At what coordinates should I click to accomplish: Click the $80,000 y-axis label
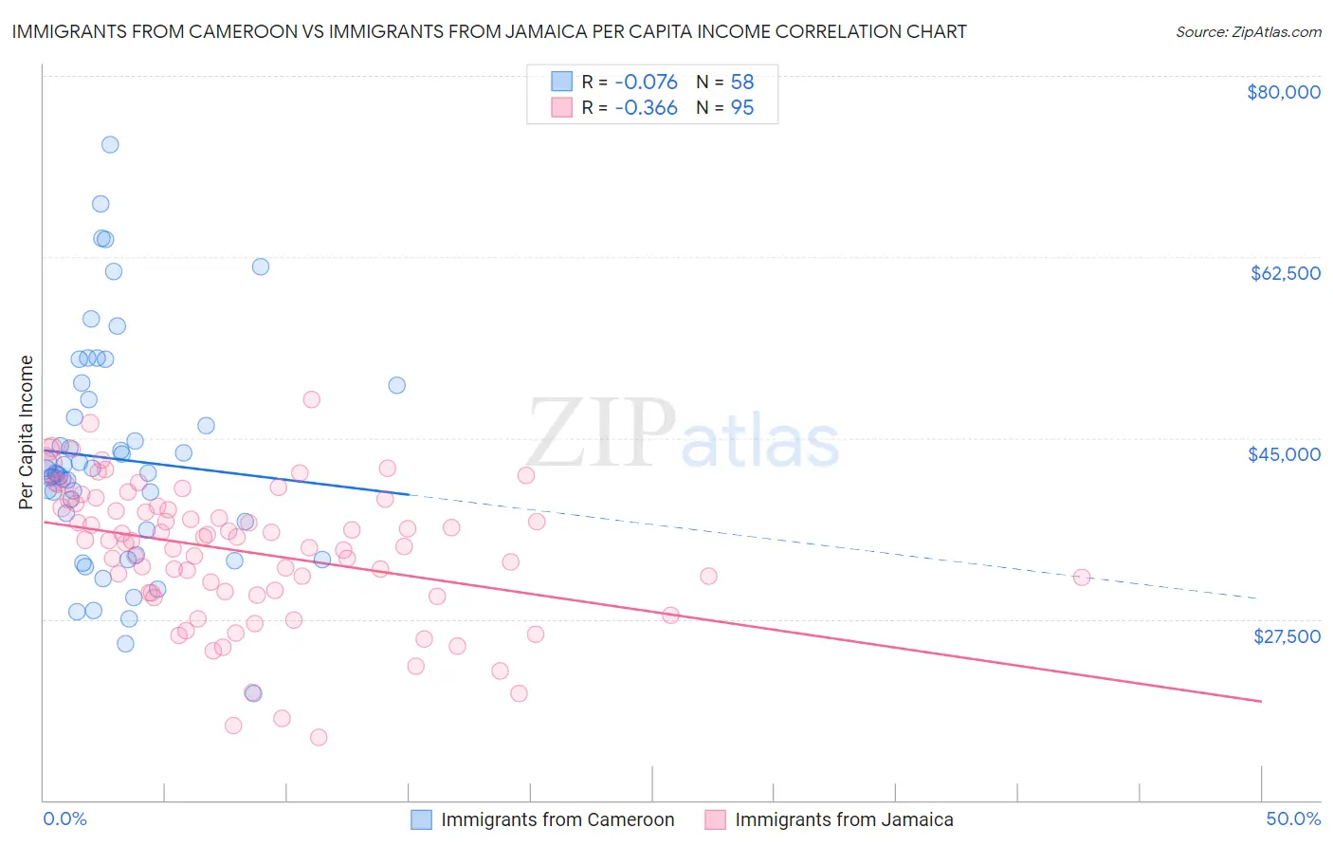[1283, 92]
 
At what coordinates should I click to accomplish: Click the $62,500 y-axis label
[1285, 273]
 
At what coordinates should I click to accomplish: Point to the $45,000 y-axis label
[1284, 454]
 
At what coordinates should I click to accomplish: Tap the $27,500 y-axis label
[1287, 636]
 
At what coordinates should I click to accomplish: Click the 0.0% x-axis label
[64, 818]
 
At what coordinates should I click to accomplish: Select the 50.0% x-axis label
[1293, 818]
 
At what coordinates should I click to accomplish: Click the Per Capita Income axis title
[27, 432]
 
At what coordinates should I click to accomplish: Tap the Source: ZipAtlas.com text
[1248, 31]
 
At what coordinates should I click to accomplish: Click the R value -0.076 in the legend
[646, 82]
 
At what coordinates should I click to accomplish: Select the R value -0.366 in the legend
[646, 107]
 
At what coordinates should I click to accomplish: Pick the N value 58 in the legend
[741, 82]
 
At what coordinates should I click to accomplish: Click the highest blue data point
[110, 145]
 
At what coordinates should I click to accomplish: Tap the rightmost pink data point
[1081, 578]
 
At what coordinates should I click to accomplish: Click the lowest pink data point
[319, 737]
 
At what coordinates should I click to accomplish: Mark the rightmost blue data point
[397, 385]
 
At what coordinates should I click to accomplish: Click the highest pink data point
[311, 399]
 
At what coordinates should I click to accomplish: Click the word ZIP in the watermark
[600, 433]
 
